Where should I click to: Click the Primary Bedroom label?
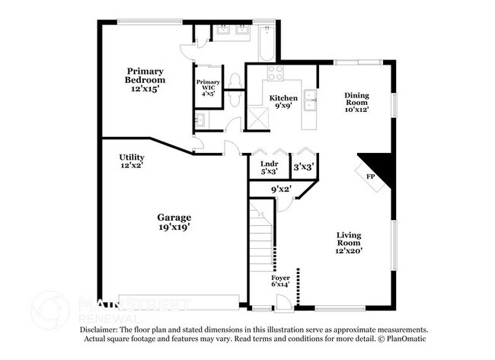(145, 79)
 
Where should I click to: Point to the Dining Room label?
(356, 102)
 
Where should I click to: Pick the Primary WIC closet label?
(208, 88)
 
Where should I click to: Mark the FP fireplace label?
(371, 177)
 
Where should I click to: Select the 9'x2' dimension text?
(282, 189)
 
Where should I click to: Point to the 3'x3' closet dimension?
(304, 165)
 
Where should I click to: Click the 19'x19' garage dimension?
(174, 226)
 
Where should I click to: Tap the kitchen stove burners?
(275, 74)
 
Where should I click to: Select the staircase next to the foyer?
(262, 236)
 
